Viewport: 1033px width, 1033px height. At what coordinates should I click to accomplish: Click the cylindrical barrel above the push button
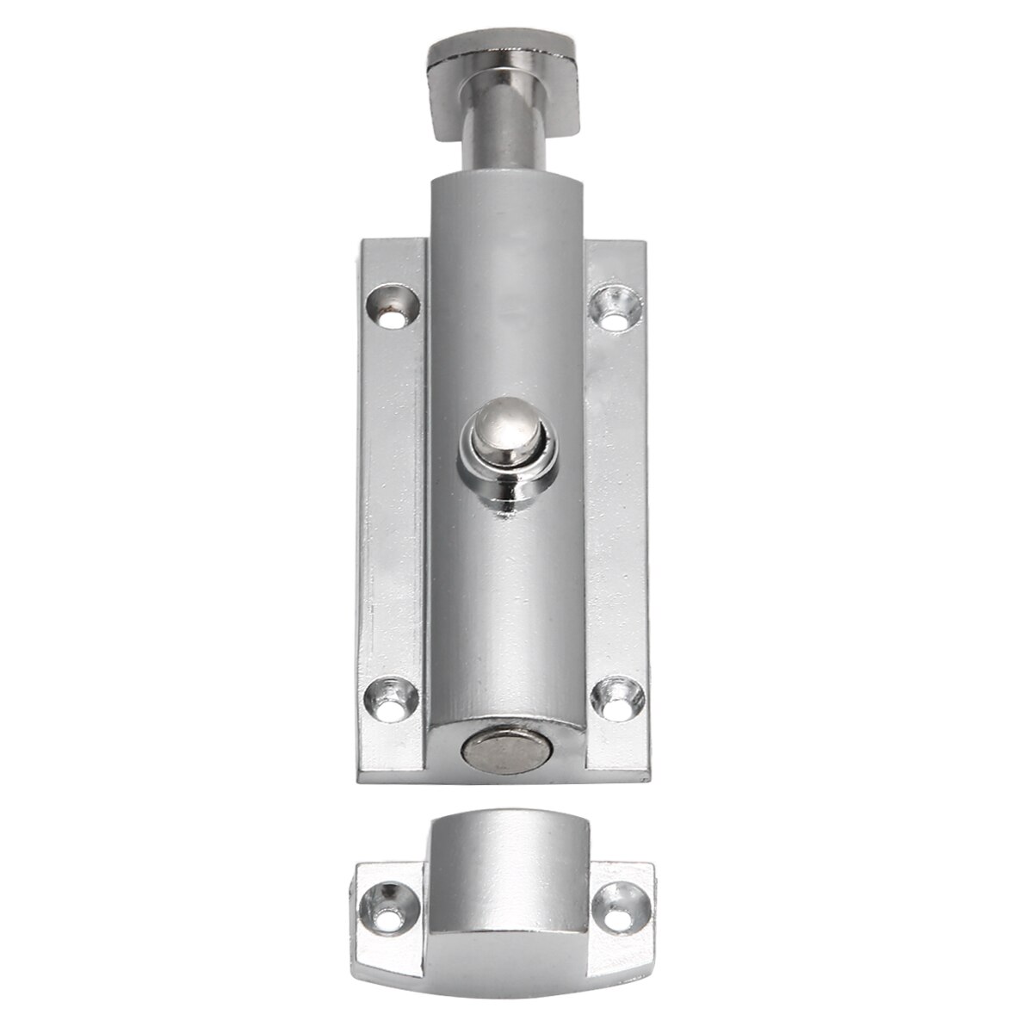(505, 284)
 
